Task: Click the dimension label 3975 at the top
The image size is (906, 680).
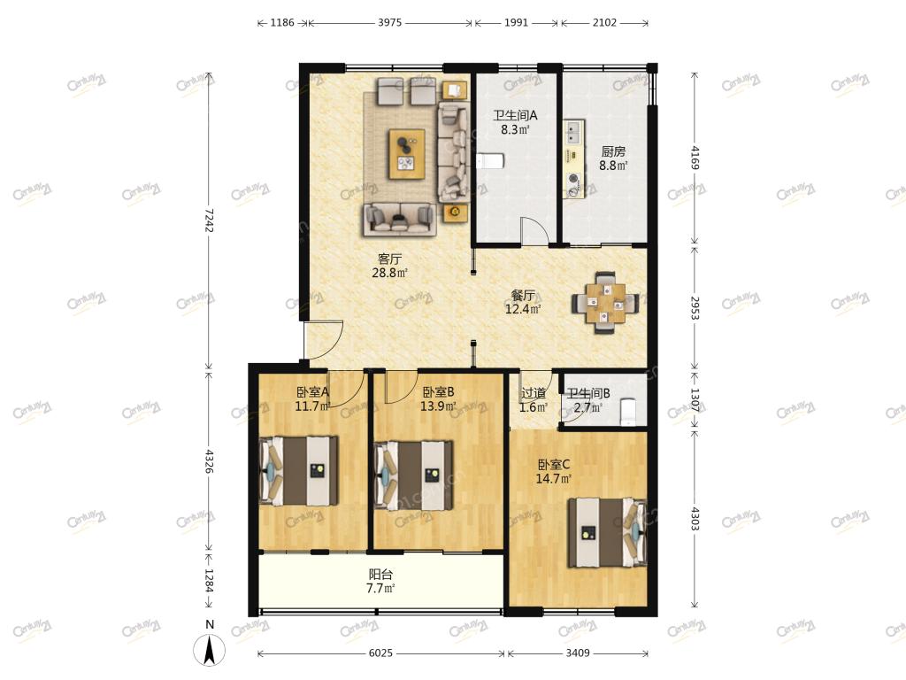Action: coord(389,22)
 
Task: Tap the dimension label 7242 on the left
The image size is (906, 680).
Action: coord(209,220)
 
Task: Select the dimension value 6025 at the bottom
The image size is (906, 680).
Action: coord(380,653)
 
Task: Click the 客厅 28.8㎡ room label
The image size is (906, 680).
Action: coord(389,266)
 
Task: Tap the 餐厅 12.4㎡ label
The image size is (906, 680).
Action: coord(523,303)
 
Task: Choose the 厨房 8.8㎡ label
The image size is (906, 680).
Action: coord(613,158)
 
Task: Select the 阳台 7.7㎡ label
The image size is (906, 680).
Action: coord(380,582)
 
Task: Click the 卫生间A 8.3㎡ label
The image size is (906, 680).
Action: coord(515,122)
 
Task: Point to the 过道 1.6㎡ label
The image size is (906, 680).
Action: coord(534,400)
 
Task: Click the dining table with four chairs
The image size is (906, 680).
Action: coord(605,303)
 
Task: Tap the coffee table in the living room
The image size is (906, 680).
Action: coord(407,154)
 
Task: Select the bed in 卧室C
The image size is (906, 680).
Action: coord(607,532)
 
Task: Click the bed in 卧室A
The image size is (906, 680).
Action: coord(299,471)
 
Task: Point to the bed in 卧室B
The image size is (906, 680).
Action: coord(414,475)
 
